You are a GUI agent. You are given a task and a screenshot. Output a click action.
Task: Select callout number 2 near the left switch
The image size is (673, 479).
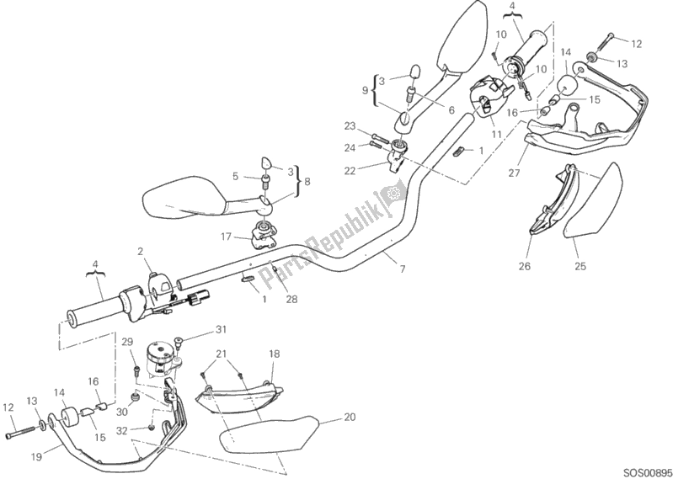141,250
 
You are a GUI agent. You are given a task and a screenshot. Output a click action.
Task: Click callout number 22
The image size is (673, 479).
348,169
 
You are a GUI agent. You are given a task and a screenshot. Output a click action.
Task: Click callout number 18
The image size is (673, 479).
274,354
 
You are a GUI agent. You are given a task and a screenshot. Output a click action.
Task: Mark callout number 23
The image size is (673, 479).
348,127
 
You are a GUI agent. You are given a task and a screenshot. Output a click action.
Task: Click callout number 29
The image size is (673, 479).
127,342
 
